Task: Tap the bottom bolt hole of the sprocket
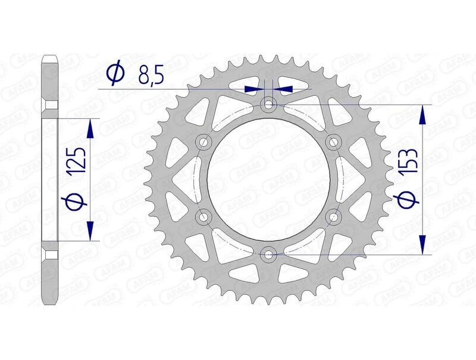[x=269, y=255]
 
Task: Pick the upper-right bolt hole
[x=333, y=142]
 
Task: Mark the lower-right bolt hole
[x=333, y=217]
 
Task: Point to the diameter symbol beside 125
[x=78, y=202]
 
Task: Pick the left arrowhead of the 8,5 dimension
[x=256, y=89]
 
